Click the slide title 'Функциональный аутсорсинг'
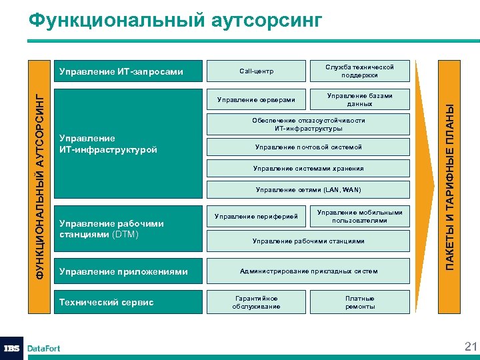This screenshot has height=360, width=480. pyautogui.click(x=176, y=21)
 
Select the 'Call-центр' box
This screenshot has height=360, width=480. pyautogui.click(x=256, y=71)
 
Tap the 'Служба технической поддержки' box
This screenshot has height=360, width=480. pyautogui.click(x=359, y=71)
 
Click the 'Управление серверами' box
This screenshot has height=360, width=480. pyautogui.click(x=256, y=100)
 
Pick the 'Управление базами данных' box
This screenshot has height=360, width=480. pyautogui.click(x=359, y=100)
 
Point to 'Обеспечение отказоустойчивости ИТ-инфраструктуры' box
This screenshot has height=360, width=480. pyautogui.click(x=308, y=124)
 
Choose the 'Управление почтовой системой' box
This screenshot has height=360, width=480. pyautogui.click(x=308, y=147)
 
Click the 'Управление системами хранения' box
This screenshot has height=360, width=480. pyautogui.click(x=308, y=169)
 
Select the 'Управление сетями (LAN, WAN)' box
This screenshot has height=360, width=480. pyautogui.click(x=308, y=190)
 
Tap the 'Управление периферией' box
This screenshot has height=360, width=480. pyautogui.click(x=256, y=217)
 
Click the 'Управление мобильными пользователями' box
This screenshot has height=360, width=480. pyautogui.click(x=359, y=217)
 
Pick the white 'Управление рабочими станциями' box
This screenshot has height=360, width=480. pyautogui.click(x=308, y=241)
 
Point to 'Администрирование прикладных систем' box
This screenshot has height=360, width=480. pyautogui.click(x=308, y=271)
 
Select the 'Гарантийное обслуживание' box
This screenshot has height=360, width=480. pyautogui.click(x=256, y=302)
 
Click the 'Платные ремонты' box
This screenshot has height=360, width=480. pyautogui.click(x=359, y=302)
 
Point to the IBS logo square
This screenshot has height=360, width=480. pyautogui.click(x=13, y=348)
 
